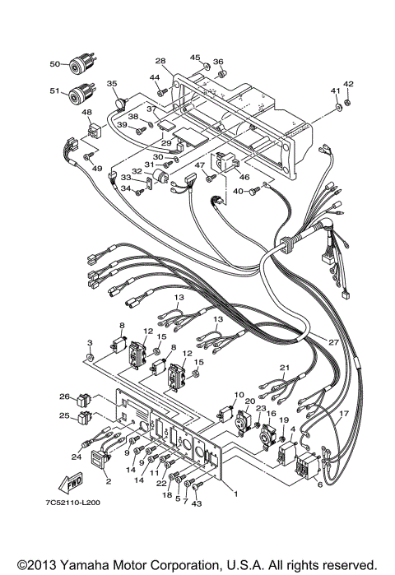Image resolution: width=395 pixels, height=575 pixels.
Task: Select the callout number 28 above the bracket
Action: point(160,61)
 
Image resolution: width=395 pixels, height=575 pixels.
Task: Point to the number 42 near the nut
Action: point(348,83)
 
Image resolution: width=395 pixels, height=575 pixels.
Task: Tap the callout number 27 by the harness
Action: point(332,341)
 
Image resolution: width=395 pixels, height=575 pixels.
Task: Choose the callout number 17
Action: point(344,412)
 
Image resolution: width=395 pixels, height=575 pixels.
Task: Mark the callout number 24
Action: point(76,457)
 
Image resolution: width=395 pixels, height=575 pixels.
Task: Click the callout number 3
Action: point(90,342)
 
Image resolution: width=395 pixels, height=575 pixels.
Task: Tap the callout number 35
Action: point(112,84)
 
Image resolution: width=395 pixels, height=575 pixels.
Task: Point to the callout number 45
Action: point(195,57)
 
